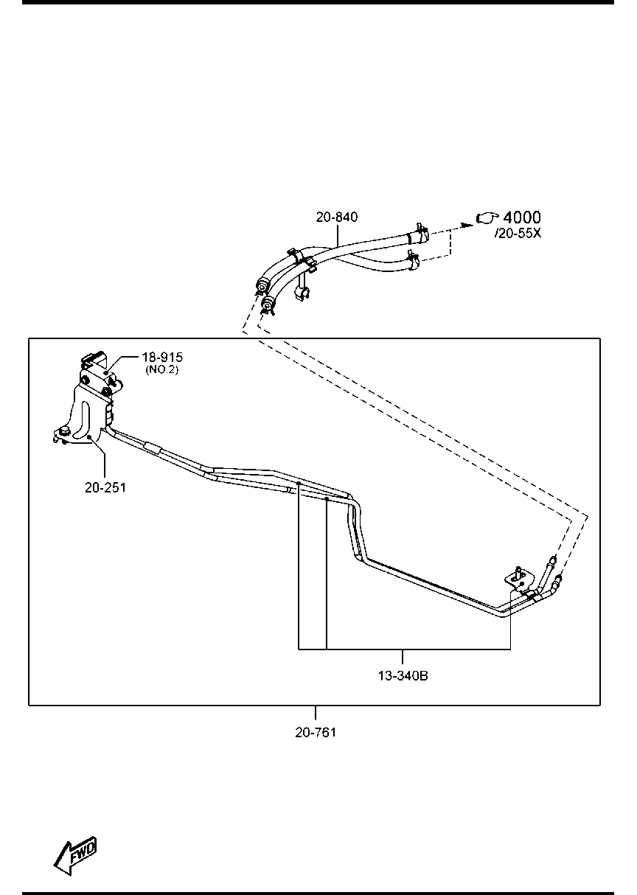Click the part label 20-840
(x=336, y=217)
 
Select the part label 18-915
(x=162, y=357)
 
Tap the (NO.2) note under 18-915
(x=162, y=369)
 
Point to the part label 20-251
(x=105, y=487)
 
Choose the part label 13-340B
(x=403, y=676)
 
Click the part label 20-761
(x=316, y=732)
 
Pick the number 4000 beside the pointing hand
(x=522, y=217)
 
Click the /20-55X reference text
(x=518, y=233)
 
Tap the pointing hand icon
(x=487, y=217)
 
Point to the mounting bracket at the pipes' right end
(x=520, y=582)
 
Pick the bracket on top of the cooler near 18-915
(x=95, y=359)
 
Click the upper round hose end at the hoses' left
(x=262, y=287)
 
